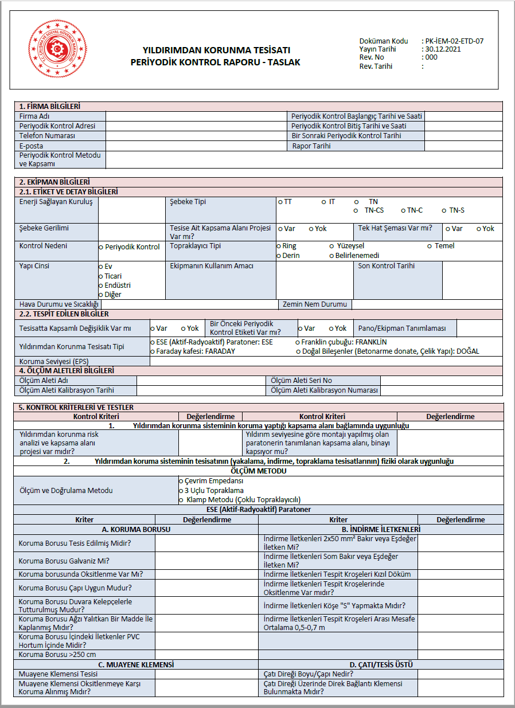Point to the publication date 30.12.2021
click(444, 49)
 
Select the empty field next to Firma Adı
click(197, 116)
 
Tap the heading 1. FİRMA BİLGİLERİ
click(50, 107)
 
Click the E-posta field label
click(32, 146)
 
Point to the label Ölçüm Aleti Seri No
click(301, 381)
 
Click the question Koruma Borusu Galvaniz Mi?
click(64, 561)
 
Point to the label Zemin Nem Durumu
click(314, 304)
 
